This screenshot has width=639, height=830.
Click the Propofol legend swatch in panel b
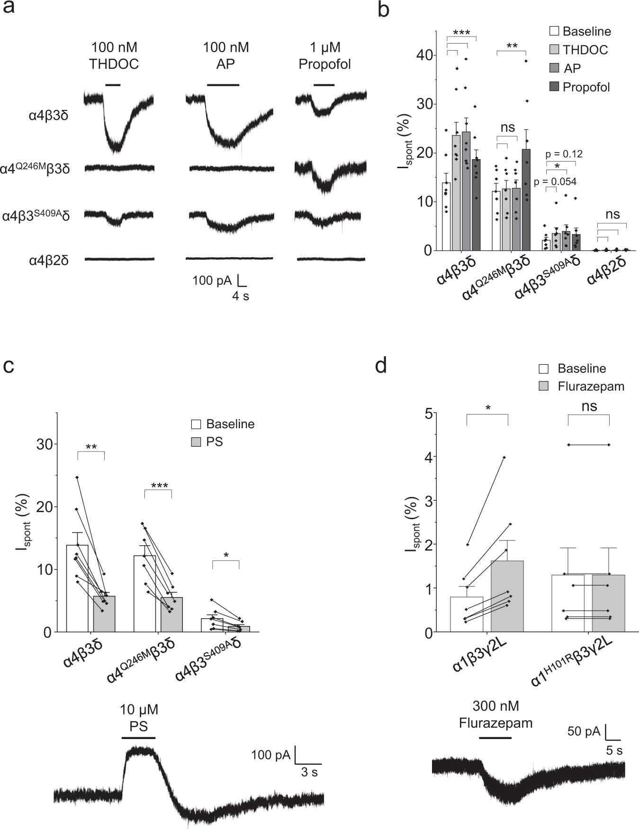[554, 87]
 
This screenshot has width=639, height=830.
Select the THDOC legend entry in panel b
[585, 50]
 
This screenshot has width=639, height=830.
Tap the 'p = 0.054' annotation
[555, 181]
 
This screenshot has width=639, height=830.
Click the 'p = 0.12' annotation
[564, 153]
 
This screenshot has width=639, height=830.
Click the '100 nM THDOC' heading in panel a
[114, 55]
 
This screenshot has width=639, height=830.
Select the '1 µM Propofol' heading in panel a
[324, 55]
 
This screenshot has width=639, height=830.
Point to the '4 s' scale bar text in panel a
[240, 297]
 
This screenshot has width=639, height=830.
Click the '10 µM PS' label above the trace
[138, 717]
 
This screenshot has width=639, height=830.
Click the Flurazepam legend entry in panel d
[590, 387]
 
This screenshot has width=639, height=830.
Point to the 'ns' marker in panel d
[589, 406]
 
